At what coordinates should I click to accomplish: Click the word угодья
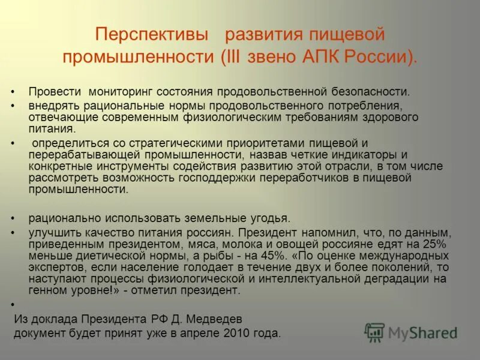(x=271, y=219)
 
